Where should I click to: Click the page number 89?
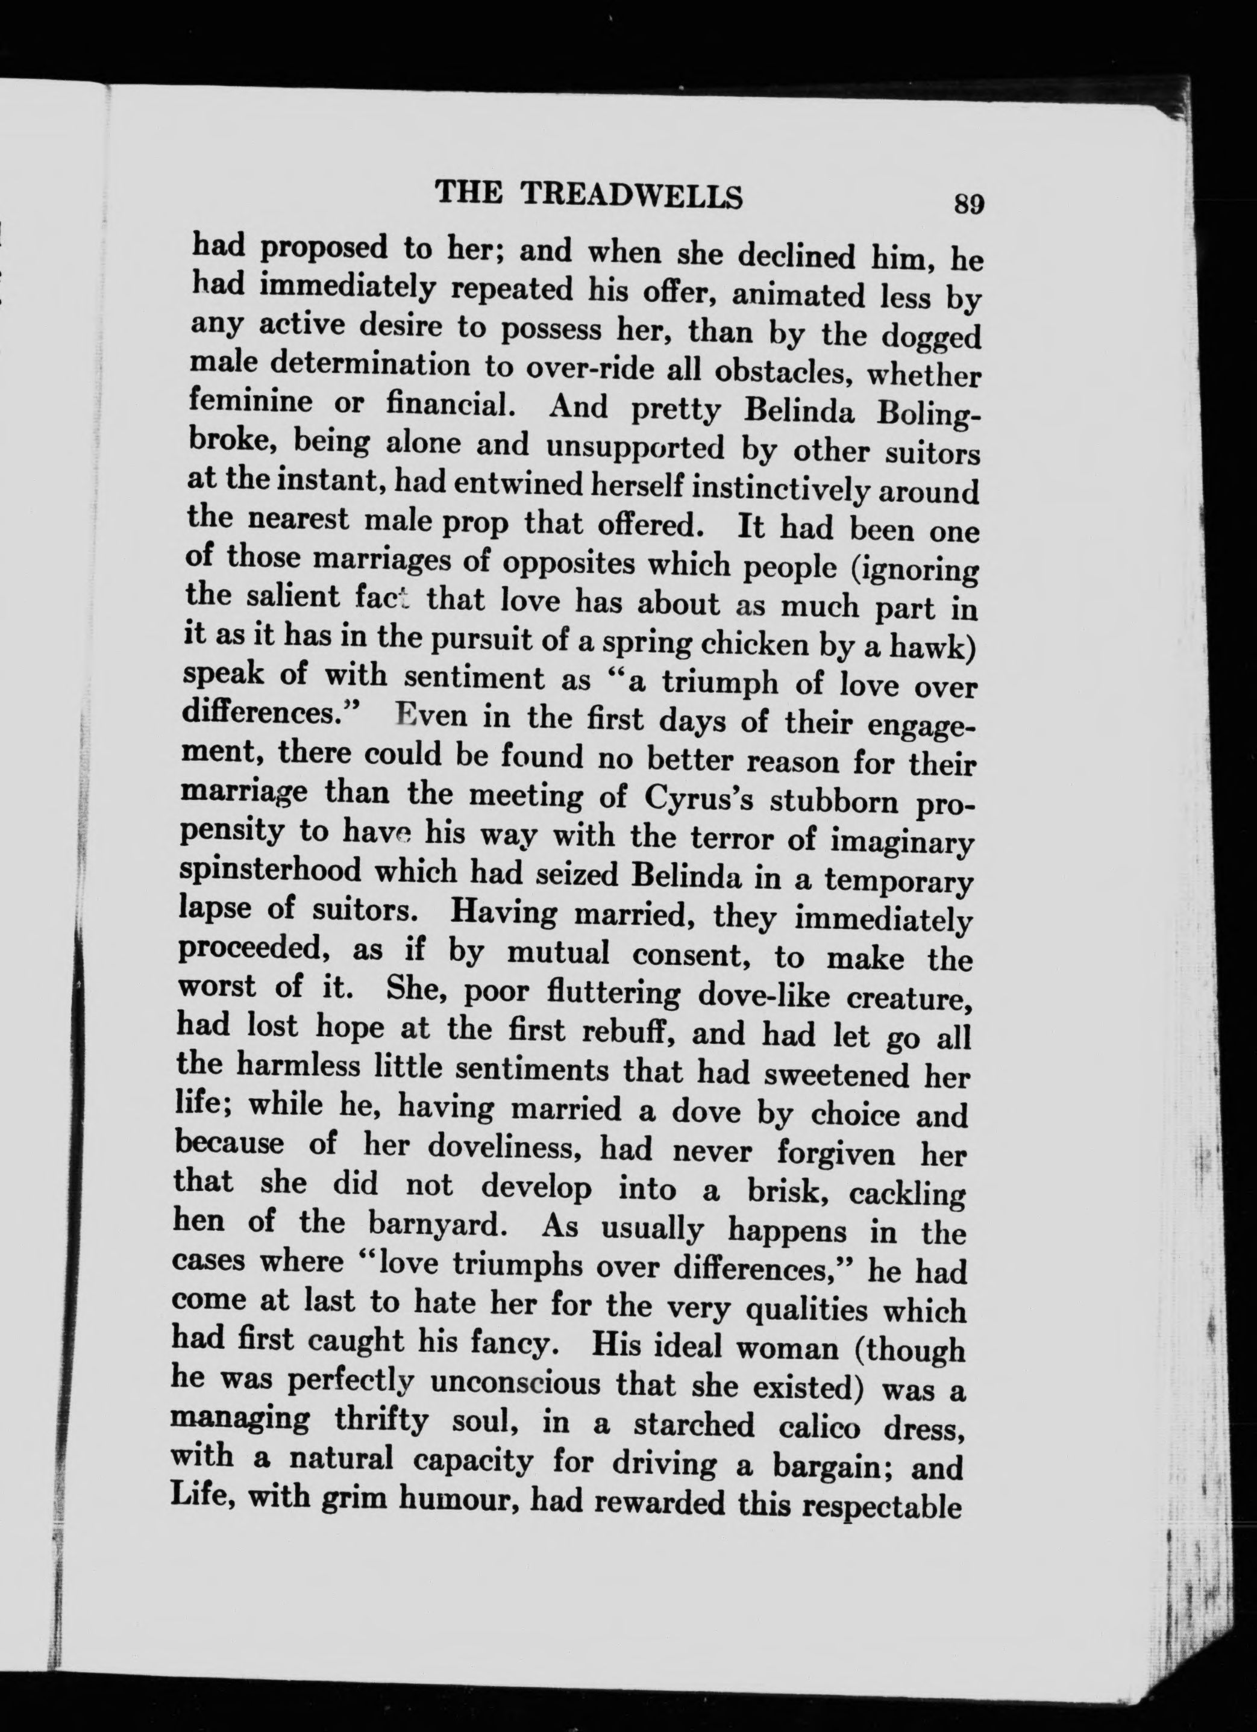pos(968,205)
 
